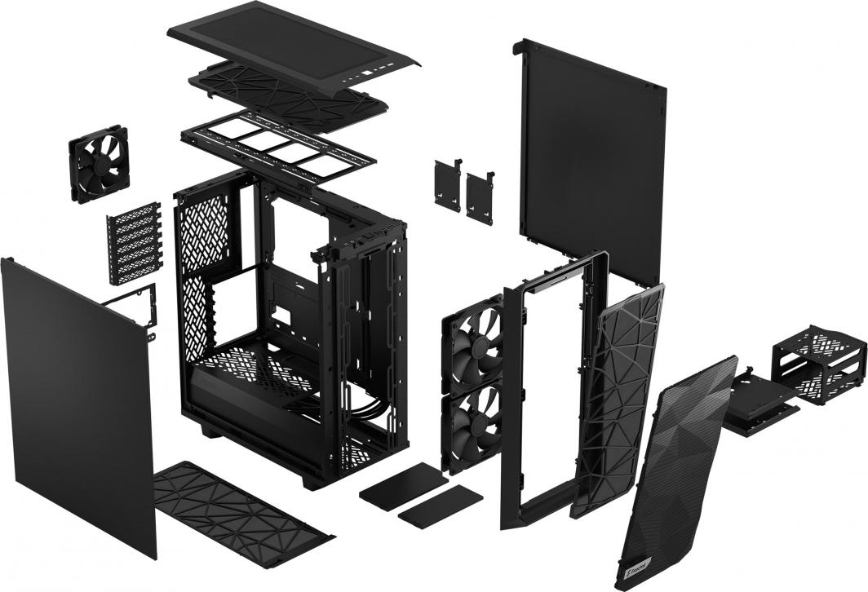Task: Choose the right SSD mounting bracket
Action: click(x=480, y=197)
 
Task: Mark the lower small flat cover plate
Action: click(x=441, y=506)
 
